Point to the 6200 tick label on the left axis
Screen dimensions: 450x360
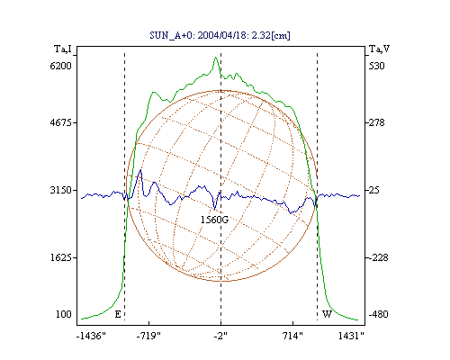61,66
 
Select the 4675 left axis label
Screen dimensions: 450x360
61,122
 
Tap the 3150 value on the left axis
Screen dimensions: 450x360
61,190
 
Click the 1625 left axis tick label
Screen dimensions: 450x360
61,257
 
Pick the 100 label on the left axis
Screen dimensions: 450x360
64,314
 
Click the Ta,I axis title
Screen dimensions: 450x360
63,49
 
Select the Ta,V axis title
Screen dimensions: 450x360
379,49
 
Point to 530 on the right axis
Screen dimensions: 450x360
376,66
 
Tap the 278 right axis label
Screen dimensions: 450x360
376,122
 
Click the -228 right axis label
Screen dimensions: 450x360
378,257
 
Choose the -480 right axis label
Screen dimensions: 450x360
378,314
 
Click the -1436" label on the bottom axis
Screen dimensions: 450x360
91,336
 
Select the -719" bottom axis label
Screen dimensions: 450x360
148,336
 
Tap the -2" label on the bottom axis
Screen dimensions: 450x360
220,336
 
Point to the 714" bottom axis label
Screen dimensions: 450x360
292,336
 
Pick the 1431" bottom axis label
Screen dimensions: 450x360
351,336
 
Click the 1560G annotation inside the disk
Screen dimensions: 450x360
214,220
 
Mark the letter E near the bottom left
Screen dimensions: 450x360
118,314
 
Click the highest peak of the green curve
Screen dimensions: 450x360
215,58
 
